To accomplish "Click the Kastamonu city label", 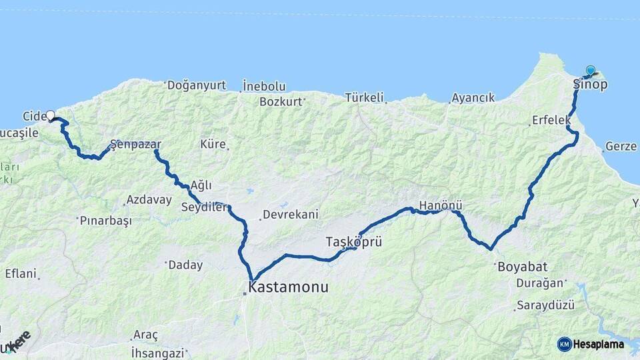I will [288, 287].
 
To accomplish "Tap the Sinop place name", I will [590, 85].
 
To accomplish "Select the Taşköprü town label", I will [353, 241].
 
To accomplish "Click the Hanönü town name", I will [441, 206].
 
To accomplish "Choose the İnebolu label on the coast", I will [264, 86].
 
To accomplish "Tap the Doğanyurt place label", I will [197, 85].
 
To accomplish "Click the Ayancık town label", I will [473, 98].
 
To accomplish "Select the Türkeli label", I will [365, 98].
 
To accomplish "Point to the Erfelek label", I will [551, 121].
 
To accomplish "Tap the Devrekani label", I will [291, 215].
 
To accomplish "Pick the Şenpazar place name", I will [136, 144].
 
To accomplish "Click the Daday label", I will [185, 265].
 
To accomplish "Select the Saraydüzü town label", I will [545, 305].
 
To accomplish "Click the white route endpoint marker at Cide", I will [50, 116].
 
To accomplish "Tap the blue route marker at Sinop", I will [590, 71].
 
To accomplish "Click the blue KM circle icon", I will [564, 344].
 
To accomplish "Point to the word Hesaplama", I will [599, 345].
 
